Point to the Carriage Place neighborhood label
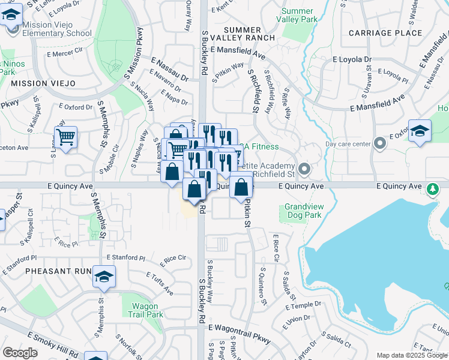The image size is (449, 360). pos(385,33)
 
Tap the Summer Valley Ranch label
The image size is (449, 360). pos(250,34)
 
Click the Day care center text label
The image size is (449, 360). pos(348,144)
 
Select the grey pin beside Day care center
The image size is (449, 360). pos(379,143)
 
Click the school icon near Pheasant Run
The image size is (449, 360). pos(104,277)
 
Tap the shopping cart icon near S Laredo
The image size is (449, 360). pos(65,137)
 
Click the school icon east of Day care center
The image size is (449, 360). pos(420,131)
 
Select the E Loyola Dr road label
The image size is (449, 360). pos(352,60)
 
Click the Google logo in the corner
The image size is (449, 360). pos(20,353)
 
